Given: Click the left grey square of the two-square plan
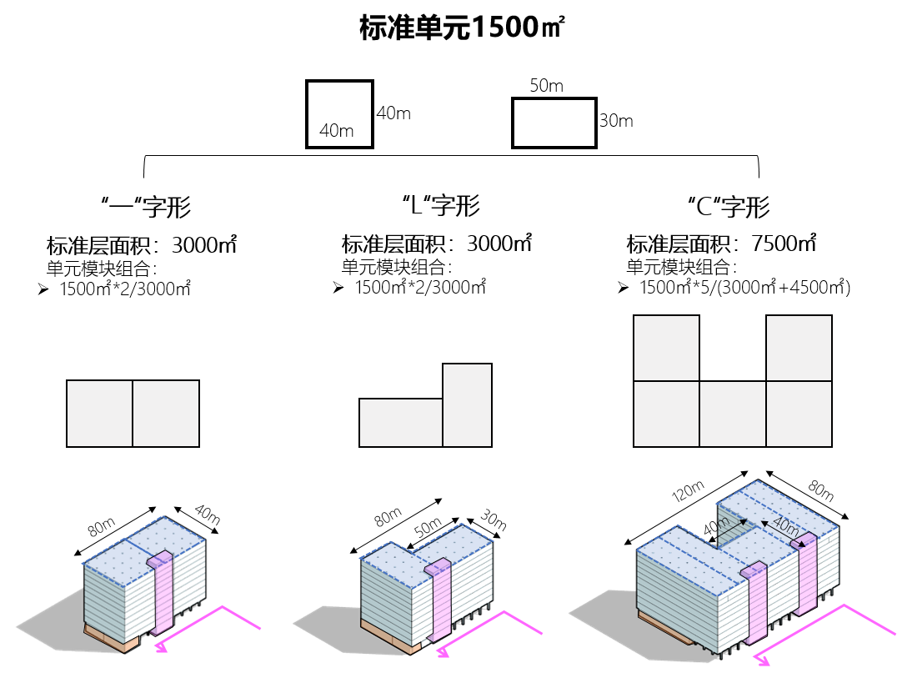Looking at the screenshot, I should coord(99,414).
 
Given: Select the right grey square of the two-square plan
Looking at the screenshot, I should coord(166,414).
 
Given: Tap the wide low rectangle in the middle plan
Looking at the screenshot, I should coord(400,423).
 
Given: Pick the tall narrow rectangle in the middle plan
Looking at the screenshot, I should coord(467,405).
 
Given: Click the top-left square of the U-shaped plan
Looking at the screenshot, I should coord(666,348).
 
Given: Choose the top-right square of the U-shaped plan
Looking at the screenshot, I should coord(799,348).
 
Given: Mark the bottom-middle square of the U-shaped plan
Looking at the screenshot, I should coord(732,414).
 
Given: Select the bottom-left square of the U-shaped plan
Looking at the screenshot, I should coord(666,414).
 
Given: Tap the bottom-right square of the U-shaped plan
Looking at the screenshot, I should coord(799,414).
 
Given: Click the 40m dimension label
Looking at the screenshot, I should coord(784,525).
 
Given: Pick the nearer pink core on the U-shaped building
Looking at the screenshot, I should coord(756,604).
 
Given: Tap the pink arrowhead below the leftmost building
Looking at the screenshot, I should coord(161,647).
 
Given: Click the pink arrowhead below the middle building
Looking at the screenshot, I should coord(443,652).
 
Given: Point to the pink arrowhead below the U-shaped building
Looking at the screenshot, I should coord(762,661).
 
